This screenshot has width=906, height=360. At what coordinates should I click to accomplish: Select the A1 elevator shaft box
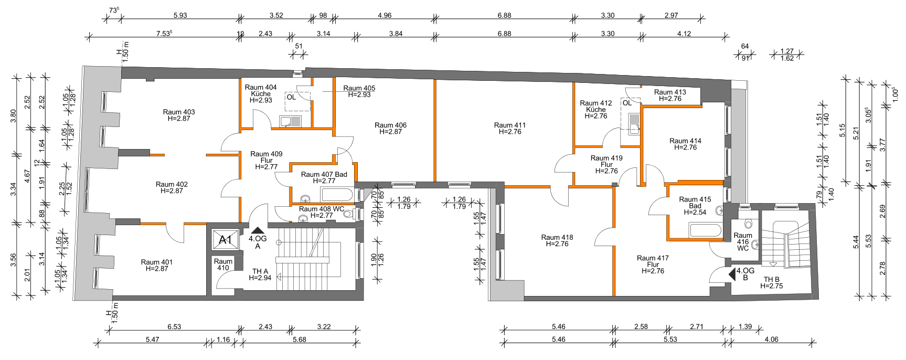226,240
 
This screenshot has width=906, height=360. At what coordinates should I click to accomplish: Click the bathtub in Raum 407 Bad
338,195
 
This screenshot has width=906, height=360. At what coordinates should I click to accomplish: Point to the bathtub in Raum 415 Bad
706,230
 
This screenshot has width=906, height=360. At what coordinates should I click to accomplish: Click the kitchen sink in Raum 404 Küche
291,122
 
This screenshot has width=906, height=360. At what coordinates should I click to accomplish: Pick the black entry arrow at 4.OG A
257,229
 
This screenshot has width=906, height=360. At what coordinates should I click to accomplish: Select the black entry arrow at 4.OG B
732,274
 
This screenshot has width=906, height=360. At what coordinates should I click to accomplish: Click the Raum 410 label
223,264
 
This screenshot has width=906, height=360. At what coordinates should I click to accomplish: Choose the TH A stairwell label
260,274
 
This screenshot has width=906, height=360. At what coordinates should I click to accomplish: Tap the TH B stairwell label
771,283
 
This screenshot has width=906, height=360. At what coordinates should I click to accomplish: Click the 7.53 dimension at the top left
164,33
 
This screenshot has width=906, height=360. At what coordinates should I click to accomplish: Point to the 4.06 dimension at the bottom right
771,340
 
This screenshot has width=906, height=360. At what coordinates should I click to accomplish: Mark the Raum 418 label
557,240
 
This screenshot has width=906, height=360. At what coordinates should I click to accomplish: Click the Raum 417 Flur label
653,264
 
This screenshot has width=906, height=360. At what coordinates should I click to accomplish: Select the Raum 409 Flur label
267,161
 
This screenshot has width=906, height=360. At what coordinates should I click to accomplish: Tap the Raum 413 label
670,95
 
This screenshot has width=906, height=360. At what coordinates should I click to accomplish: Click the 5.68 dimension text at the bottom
299,340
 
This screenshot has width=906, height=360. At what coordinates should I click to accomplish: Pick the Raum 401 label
156,265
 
